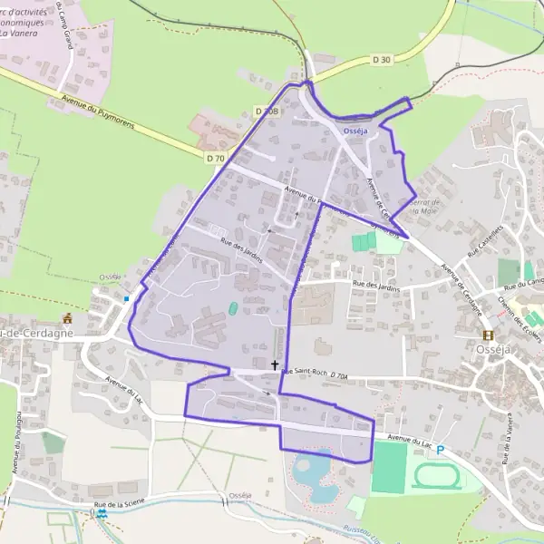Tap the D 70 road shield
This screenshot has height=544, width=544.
[x=215, y=158]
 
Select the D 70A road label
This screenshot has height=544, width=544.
[x=340, y=374]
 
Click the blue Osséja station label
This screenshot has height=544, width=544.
[x=356, y=131]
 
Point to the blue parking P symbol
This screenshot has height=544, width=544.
[x=441, y=450]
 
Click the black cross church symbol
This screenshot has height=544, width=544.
[x=276, y=365]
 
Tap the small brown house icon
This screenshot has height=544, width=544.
[x=66, y=318]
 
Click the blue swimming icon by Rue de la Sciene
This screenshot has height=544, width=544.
[x=102, y=513]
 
